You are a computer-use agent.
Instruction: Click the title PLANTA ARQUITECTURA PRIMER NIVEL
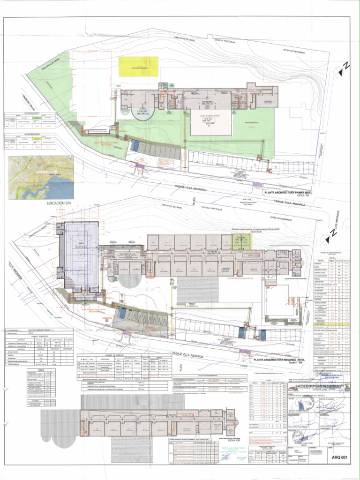point(287,192)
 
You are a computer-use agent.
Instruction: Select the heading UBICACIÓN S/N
point(59,204)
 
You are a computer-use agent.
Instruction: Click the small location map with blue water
point(41,177)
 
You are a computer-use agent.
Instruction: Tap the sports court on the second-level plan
point(81,254)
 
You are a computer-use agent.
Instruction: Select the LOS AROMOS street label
point(335,232)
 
